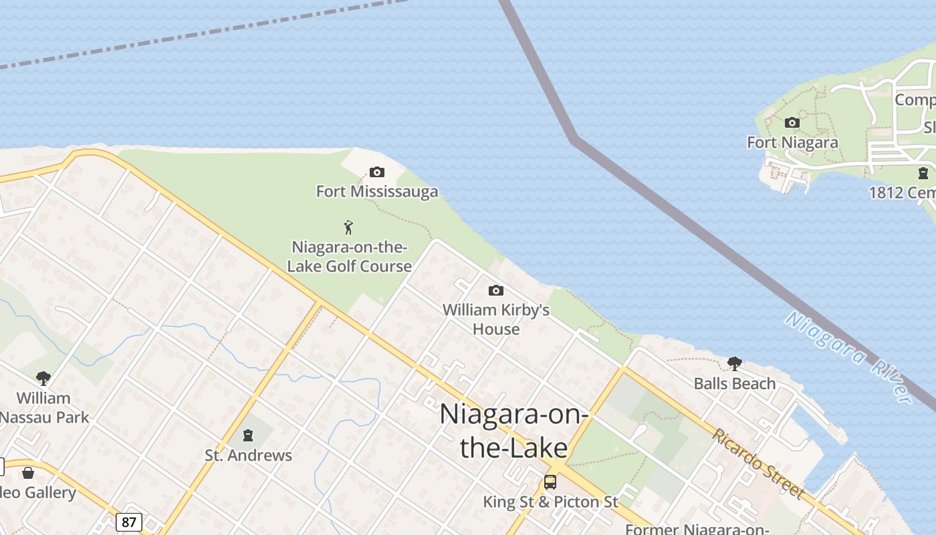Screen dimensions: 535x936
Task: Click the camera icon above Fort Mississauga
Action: coord(377,173)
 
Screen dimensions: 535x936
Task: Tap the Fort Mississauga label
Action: coord(377,192)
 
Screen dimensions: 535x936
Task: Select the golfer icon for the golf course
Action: coord(348,227)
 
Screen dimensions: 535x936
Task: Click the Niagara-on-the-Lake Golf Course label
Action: coord(350,257)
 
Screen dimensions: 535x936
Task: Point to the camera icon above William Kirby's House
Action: coord(495,290)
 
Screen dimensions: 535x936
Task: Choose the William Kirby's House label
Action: coord(496,319)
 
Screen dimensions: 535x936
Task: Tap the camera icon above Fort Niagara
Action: coord(792,122)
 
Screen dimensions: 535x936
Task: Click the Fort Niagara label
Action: coord(792,142)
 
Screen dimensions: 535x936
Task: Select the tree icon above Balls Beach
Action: coord(735,364)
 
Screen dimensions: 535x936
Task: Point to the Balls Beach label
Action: coord(735,384)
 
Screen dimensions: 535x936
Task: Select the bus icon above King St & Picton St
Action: coord(550,481)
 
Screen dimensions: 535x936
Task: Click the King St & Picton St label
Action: coord(551,502)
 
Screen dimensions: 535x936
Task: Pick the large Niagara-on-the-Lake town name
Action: coord(514,430)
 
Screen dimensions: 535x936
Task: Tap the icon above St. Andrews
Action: coord(248,435)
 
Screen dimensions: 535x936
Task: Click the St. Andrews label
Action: coord(248,455)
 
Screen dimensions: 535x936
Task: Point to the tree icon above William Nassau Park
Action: coord(43,379)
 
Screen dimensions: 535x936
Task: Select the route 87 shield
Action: coord(128,522)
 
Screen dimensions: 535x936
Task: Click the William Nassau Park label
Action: coord(44,407)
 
